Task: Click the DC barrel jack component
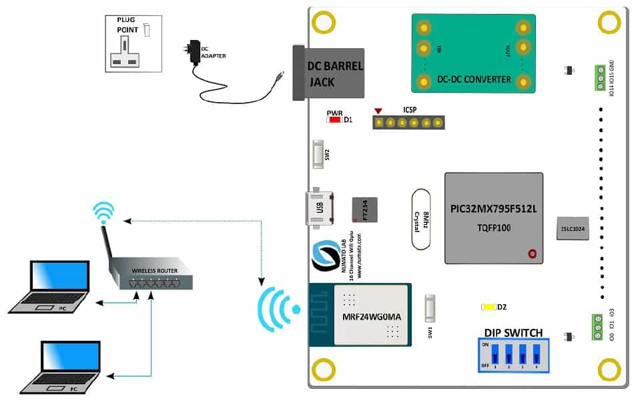tap(330, 73)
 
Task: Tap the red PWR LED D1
tap(334, 120)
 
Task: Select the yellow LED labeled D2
tap(488, 307)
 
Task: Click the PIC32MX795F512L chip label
tap(493, 210)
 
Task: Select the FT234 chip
tap(364, 210)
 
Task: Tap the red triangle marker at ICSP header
tap(378, 111)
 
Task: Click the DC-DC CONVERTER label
tap(474, 79)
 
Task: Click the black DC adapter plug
tap(194, 52)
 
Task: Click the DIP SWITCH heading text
tap(513, 332)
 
